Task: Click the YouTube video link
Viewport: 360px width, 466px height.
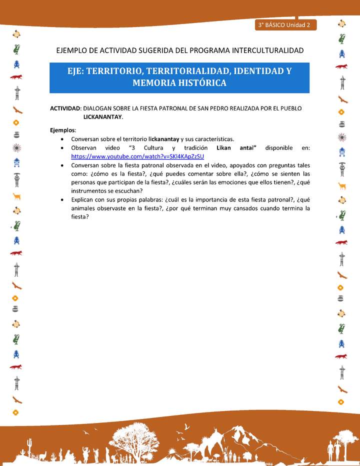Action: [x=137, y=156]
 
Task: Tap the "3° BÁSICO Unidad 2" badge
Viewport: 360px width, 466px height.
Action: [x=284, y=24]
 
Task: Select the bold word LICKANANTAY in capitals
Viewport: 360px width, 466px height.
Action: [x=102, y=116]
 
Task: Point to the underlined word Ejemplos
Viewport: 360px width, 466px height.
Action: [x=62, y=130]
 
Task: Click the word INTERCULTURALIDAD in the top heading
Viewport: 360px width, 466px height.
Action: [x=264, y=50]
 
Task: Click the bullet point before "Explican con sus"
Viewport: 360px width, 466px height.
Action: [x=61, y=199]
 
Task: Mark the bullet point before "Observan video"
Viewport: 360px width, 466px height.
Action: [x=61, y=148]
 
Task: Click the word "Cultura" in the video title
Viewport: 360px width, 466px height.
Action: [x=153, y=148]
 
